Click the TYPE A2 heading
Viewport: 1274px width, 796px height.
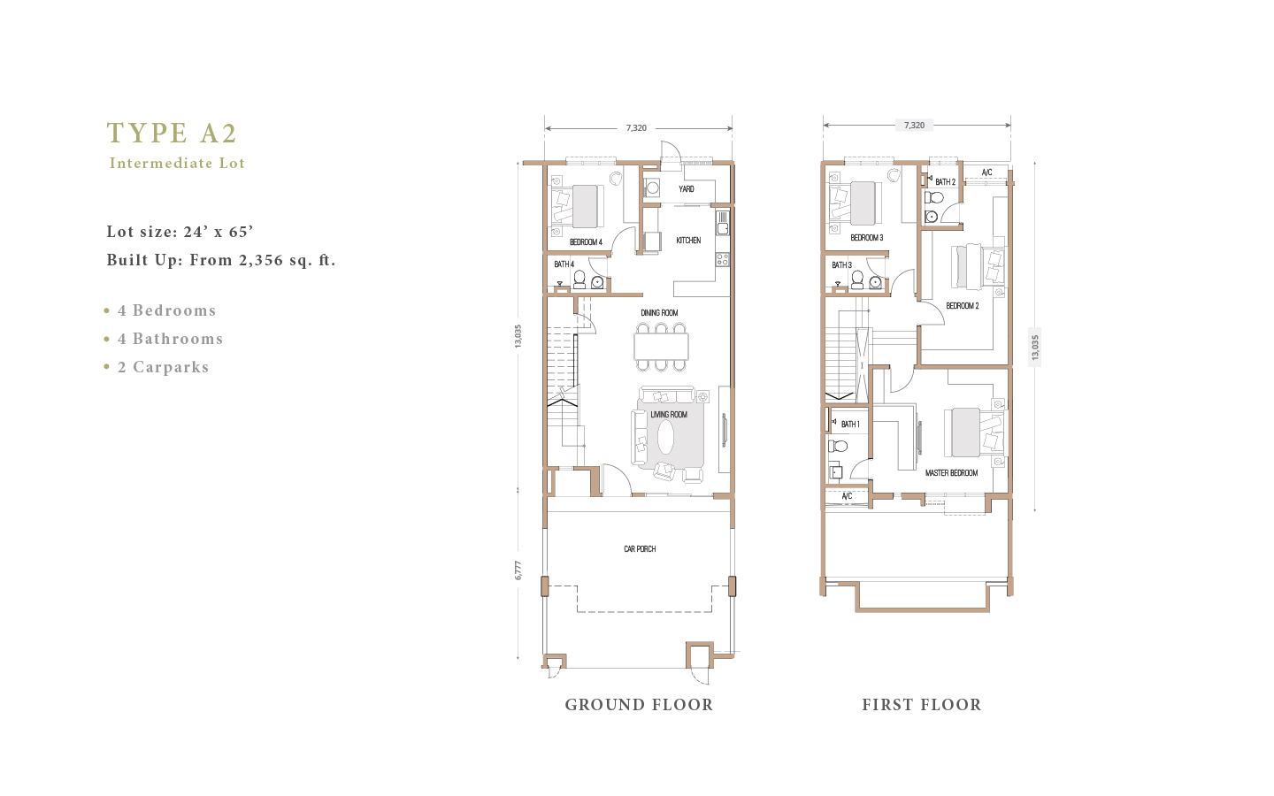tap(172, 133)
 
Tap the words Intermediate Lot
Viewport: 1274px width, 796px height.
tap(177, 163)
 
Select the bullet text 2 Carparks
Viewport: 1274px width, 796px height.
tap(163, 367)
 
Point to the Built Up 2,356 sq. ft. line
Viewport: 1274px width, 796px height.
tap(221, 260)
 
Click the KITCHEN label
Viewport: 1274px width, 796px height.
tap(688, 241)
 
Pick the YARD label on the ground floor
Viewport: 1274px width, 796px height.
tap(686, 188)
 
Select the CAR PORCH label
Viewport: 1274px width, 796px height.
tap(640, 548)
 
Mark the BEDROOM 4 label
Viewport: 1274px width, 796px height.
tap(586, 242)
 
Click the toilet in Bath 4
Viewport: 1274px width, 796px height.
tap(579, 279)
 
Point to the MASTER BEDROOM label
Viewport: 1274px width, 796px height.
tap(952, 473)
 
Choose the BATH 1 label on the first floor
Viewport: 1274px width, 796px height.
tap(850, 425)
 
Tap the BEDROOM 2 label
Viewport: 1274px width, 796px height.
tap(963, 306)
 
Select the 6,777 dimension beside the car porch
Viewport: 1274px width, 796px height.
tap(518, 570)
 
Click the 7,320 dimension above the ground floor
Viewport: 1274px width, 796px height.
tap(636, 128)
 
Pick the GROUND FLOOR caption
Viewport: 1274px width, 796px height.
tap(639, 705)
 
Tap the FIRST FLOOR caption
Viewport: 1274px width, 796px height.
tap(921, 705)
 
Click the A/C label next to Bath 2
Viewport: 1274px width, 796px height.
tap(986, 172)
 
